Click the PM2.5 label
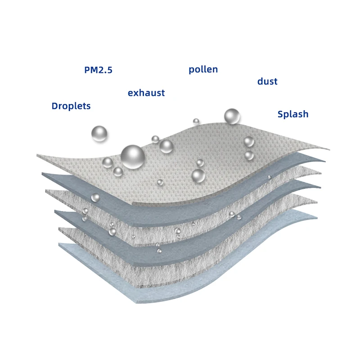pyautogui.click(x=98, y=70)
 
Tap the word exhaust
pyautogui.click(x=146, y=93)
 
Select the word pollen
pyautogui.click(x=203, y=69)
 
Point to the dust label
pyautogui.click(x=267, y=81)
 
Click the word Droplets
pyautogui.click(x=71, y=106)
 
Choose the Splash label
pyautogui.click(x=293, y=114)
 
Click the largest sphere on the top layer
pyautogui.click(x=133, y=156)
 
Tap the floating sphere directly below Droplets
pyautogui.click(x=99, y=134)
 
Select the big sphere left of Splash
pyautogui.click(x=232, y=117)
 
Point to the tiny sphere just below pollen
pyautogui.click(x=196, y=121)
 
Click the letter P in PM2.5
pyautogui.click(x=87, y=70)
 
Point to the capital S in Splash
pyautogui.click(x=280, y=114)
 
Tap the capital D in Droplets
pyautogui.click(x=55, y=106)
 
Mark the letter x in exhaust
pyautogui.click(x=136, y=94)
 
